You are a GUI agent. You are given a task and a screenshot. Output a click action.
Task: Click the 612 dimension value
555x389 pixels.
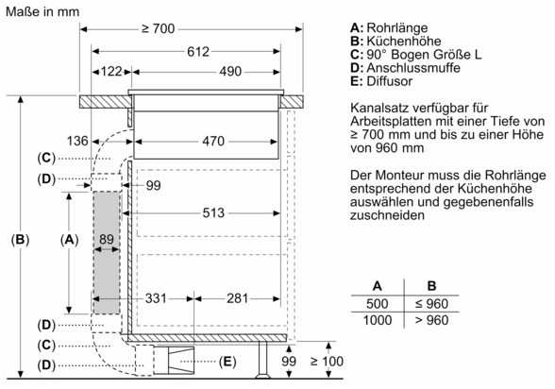[x=198, y=52]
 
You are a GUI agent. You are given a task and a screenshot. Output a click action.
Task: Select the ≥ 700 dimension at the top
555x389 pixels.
[x=159, y=28]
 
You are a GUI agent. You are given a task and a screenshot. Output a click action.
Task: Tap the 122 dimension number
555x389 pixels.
[x=111, y=72]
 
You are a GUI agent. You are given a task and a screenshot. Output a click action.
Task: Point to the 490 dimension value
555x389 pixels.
[x=230, y=72]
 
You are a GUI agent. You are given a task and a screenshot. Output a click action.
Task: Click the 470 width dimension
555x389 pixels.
[x=213, y=142]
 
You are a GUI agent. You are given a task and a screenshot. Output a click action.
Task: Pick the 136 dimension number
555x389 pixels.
[x=77, y=141]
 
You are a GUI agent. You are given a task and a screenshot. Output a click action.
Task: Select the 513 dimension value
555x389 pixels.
[x=213, y=213]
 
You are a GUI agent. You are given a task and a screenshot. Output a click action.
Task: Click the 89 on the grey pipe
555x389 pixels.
[x=106, y=239]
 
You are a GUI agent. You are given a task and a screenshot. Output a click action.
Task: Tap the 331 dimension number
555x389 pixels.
[x=156, y=298]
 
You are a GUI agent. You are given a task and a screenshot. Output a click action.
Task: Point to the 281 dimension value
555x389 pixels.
[x=237, y=298]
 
